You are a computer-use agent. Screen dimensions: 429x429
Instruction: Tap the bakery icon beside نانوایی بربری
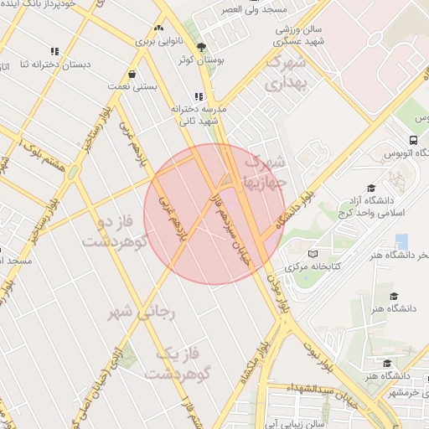pos(159,28)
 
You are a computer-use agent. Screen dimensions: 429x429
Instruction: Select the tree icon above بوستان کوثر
pos(199,47)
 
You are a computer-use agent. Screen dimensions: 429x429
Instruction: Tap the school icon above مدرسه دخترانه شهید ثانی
pos(199,96)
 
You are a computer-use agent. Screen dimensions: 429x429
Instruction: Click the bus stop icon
pos(413,140)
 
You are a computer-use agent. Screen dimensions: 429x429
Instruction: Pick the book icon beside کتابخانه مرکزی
pos(313,254)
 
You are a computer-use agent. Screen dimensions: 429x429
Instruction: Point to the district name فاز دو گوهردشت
pos(117,232)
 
